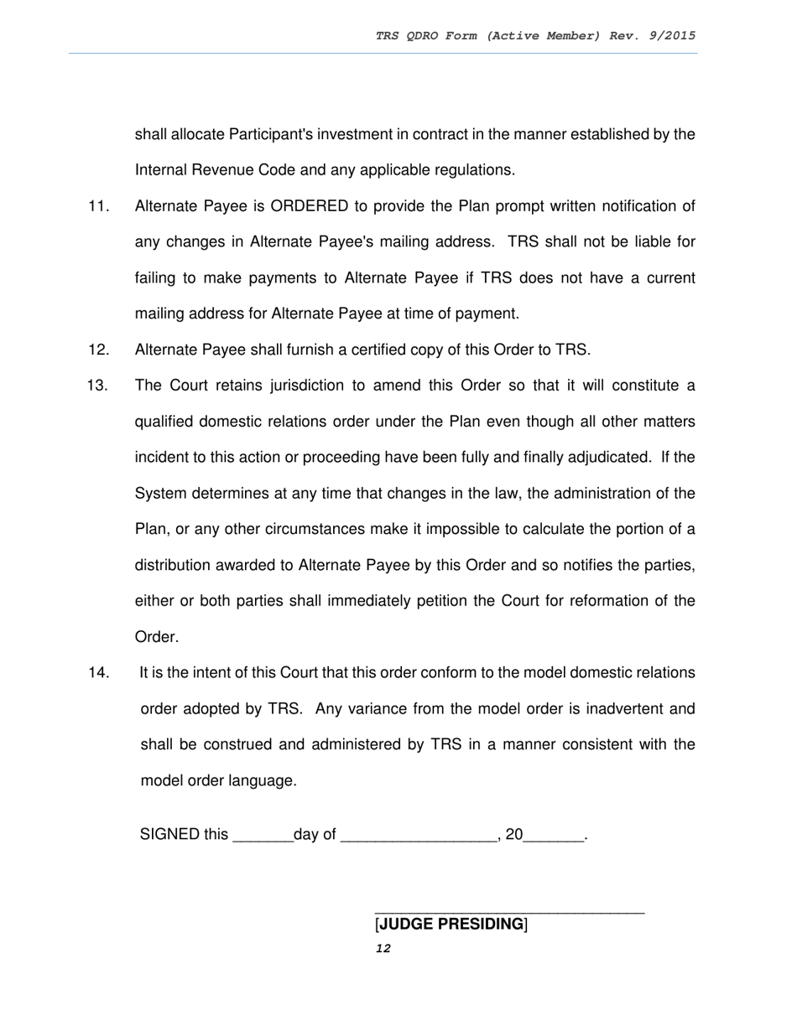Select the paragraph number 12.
[98, 350]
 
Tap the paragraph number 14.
[98, 673]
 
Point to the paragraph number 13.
[98, 386]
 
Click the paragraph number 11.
[98, 206]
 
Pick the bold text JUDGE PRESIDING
[451, 925]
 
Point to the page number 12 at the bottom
[383, 949]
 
